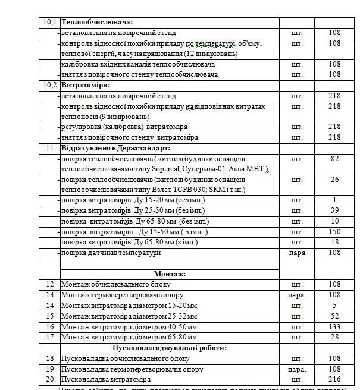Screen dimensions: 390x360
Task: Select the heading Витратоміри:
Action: (x=87, y=85)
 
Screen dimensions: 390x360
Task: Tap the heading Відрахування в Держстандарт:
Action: (x=115, y=147)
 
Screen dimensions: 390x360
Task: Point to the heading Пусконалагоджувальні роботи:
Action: (x=170, y=348)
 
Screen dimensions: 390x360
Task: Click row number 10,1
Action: (x=50, y=23)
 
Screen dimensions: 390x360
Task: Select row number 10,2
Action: (x=50, y=85)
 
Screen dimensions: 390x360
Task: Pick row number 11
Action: (x=50, y=147)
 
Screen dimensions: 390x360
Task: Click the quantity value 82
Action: (x=334, y=159)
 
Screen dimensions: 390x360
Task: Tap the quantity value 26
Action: (x=334, y=180)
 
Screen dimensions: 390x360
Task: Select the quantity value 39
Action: (x=334, y=211)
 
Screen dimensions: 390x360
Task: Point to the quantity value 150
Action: (x=334, y=232)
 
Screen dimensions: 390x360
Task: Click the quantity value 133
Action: (x=334, y=326)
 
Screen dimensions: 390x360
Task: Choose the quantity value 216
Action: (x=334, y=379)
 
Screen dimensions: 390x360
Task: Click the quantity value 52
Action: (x=334, y=316)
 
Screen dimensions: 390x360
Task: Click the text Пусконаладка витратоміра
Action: (x=106, y=379)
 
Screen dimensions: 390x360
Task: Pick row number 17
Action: (x=50, y=337)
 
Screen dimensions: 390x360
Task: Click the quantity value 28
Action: (x=334, y=337)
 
